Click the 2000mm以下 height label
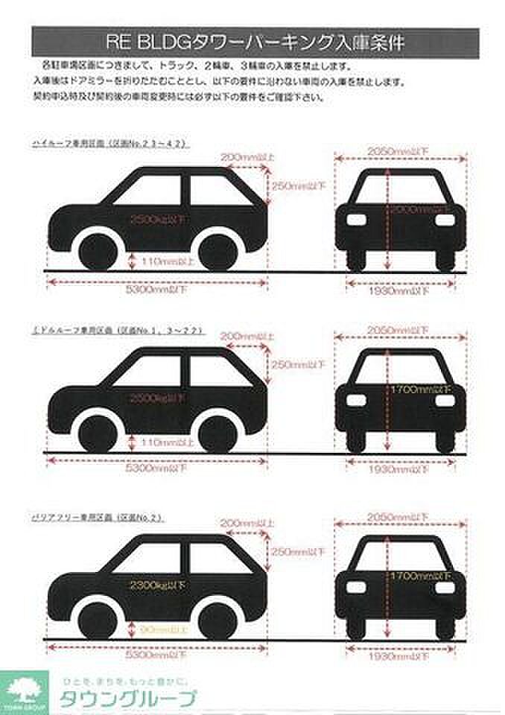tap(422, 211)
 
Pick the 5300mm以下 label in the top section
tap(156, 290)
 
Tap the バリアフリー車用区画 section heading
tap(98, 515)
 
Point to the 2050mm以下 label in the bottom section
tap(399, 516)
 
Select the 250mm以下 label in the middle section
tap(298, 366)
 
